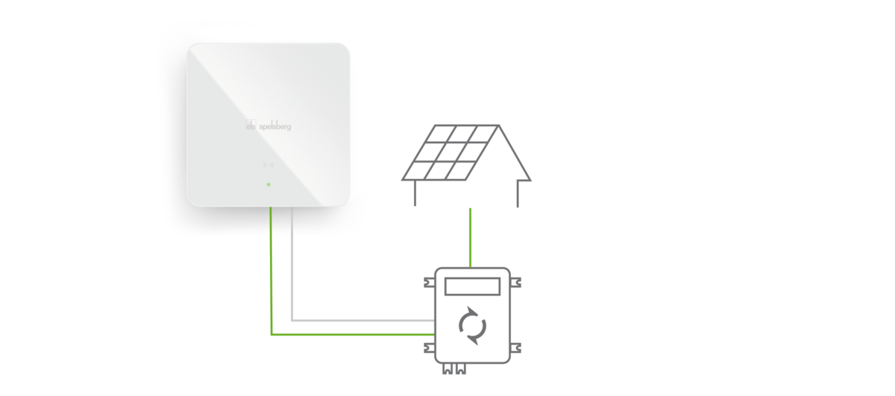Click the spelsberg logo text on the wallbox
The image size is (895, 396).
coord(275,126)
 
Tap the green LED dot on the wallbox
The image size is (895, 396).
coord(268,185)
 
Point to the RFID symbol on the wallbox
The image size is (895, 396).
coord(268,165)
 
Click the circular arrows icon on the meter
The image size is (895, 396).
coord(472,326)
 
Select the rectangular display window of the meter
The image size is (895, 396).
coord(472,286)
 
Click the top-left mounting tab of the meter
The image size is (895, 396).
coord(430,283)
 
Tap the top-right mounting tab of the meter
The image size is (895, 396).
coord(515,283)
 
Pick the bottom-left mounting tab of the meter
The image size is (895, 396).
coord(430,348)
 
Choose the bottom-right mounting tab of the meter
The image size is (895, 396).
coord(515,348)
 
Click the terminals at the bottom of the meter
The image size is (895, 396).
coord(454,368)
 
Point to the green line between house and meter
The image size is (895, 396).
coord(471,238)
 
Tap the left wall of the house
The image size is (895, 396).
coord(415,193)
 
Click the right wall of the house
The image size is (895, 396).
coord(518,194)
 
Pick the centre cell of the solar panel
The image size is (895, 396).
coord(456,152)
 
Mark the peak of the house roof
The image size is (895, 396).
coord(498,125)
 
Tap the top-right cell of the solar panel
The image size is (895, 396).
coord(483,134)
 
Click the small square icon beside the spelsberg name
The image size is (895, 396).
coord(251,125)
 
